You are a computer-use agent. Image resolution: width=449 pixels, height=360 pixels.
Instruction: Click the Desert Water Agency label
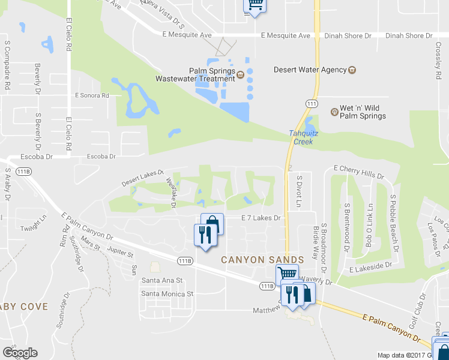click(x=310, y=70)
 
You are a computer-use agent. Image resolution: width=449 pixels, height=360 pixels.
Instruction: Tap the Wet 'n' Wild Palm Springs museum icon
click(x=335, y=112)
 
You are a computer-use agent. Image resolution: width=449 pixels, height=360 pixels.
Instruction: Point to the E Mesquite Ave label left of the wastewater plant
click(x=187, y=35)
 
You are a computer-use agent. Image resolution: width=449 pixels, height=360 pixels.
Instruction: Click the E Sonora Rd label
click(x=92, y=95)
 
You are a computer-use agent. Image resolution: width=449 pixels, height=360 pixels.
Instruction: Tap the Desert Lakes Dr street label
click(x=142, y=178)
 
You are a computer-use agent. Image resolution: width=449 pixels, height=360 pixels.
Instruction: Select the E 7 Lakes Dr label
click(x=261, y=218)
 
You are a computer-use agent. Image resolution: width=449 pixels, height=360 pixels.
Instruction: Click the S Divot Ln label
click(x=298, y=191)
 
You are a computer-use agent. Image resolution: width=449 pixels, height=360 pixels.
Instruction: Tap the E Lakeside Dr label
click(x=370, y=264)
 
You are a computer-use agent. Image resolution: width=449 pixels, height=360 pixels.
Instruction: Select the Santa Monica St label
click(x=167, y=294)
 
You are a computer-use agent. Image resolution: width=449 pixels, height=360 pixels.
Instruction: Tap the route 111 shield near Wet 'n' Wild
click(x=311, y=104)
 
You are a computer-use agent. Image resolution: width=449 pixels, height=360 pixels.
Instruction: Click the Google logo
click(x=20, y=353)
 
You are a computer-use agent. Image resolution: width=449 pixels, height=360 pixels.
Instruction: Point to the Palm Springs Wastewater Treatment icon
click(x=240, y=75)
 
